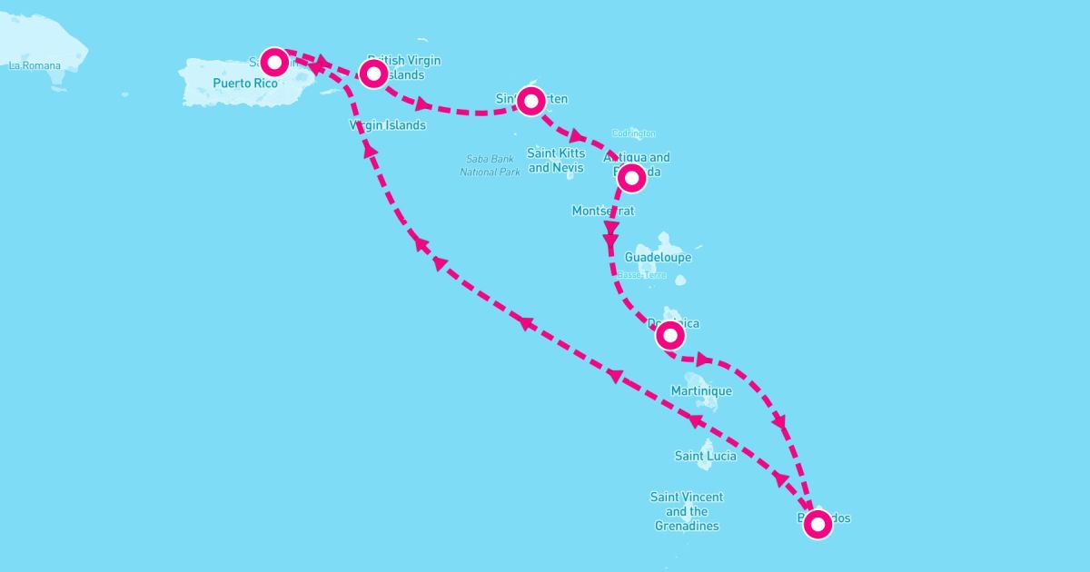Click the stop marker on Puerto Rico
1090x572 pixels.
pyautogui.click(x=274, y=62)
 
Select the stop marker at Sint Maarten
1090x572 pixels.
pyautogui.click(x=530, y=100)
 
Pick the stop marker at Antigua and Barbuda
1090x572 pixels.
pyautogui.click(x=631, y=178)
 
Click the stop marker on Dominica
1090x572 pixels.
pyautogui.click(x=670, y=335)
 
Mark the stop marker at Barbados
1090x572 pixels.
pyautogui.click(x=818, y=524)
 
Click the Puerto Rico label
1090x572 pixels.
pyautogui.click(x=244, y=84)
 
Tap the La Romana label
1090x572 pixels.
pyautogui.click(x=35, y=65)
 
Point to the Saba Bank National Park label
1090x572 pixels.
pyautogui.click(x=490, y=165)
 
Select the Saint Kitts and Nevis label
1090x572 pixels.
pyautogui.click(x=556, y=161)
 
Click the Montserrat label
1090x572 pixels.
pyautogui.click(x=602, y=211)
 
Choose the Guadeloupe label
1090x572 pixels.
pyautogui.click(x=658, y=257)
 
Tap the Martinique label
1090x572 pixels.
pyautogui.click(x=700, y=390)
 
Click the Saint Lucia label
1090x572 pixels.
pyautogui.click(x=705, y=456)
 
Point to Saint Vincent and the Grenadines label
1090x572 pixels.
pyautogui.click(x=687, y=511)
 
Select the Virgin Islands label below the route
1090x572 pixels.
pyautogui.click(x=387, y=125)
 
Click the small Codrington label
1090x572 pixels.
pyautogui.click(x=633, y=134)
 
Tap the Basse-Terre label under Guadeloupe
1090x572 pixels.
pyautogui.click(x=642, y=275)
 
